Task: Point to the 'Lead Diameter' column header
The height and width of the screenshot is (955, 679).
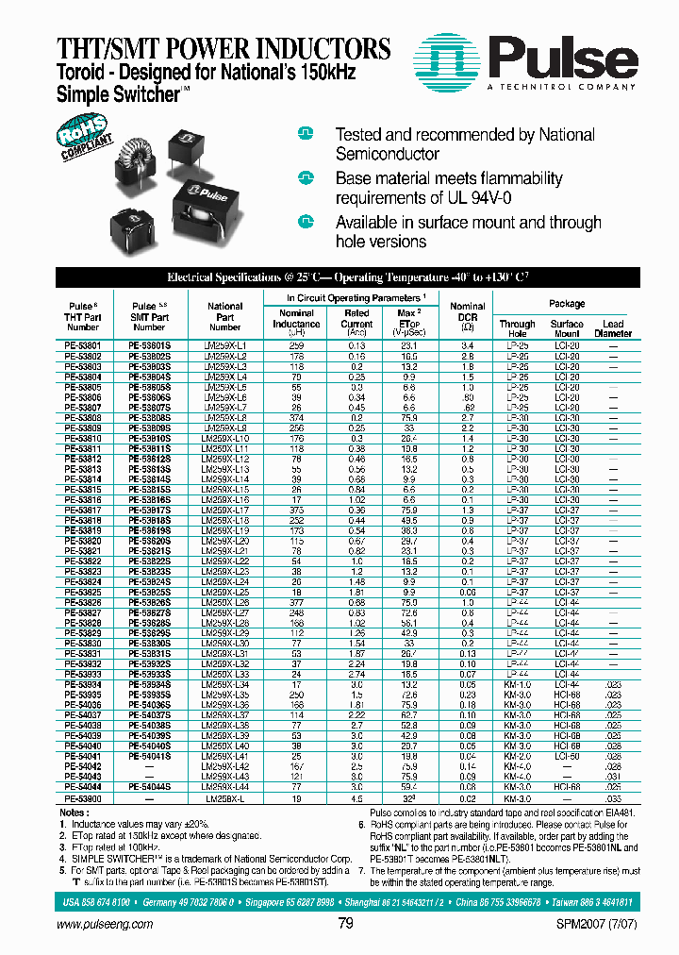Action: [x=613, y=328]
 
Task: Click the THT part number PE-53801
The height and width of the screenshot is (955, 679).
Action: [x=83, y=346]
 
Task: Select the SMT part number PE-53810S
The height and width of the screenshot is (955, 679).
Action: [x=149, y=439]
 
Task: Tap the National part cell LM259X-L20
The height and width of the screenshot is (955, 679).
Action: [x=225, y=541]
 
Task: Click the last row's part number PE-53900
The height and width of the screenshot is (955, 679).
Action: [x=83, y=797]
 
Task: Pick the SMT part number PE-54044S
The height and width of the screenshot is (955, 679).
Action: [x=149, y=786]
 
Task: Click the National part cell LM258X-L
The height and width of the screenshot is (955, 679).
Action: [x=225, y=797]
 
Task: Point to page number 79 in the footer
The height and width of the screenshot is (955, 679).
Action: [x=345, y=923]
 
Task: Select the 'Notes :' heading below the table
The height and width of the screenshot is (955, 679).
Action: [x=74, y=812]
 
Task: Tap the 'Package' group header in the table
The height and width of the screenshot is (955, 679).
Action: [x=566, y=304]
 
